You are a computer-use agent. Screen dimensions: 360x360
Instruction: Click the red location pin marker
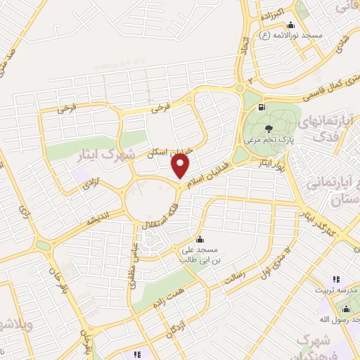[181, 165]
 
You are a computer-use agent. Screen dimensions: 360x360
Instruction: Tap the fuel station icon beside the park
[262, 108]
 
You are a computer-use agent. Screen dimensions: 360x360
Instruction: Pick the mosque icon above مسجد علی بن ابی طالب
[200, 239]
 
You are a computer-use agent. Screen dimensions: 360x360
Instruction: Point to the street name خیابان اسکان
[166, 148]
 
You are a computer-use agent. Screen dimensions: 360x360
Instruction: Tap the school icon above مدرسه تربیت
[335, 279]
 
